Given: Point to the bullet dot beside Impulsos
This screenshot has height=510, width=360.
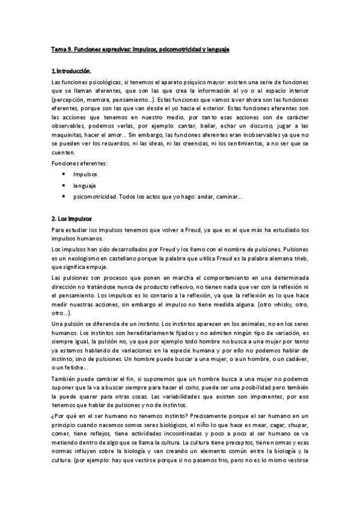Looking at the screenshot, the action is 64,174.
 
